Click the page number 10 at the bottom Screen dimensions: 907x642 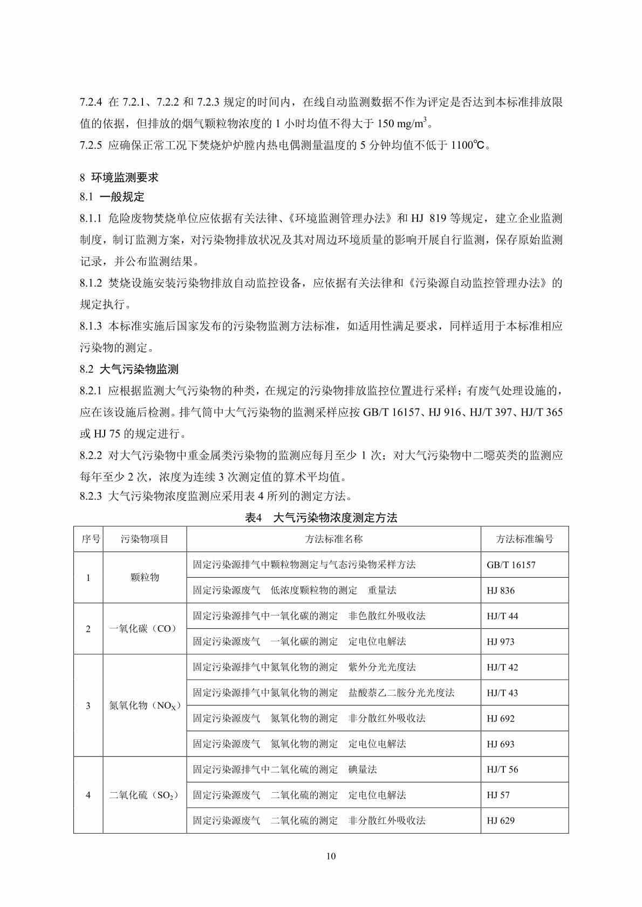tap(331, 856)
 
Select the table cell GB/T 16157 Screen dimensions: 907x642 tap(511, 565)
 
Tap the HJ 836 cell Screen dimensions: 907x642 tap(501, 591)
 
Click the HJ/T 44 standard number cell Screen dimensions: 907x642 tap(502, 616)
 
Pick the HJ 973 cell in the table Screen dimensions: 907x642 tap(501, 642)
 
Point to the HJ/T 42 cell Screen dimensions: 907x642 tap(502, 667)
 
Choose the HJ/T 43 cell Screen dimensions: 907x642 tap(502, 693)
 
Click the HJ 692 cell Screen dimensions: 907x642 tap(501, 718)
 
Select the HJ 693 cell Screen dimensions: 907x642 tap(501, 744)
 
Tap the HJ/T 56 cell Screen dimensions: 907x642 tap(502, 770)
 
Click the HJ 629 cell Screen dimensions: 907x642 tap(501, 821)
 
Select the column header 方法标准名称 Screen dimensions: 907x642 tap(334, 539)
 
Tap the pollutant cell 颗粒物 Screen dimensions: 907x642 tap(145, 577)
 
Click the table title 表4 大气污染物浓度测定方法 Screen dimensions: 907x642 tap(321, 518)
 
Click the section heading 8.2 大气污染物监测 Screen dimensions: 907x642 tap(129, 369)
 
